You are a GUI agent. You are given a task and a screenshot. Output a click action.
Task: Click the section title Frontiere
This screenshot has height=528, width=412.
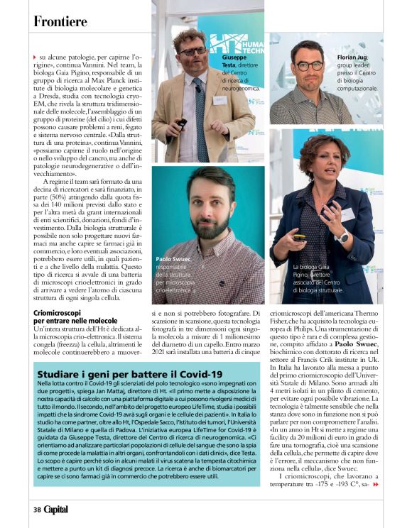point(60,21)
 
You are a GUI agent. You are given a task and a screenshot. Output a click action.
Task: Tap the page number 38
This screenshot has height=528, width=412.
point(36,510)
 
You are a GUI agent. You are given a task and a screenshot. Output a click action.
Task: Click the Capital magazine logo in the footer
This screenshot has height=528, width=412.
point(57,510)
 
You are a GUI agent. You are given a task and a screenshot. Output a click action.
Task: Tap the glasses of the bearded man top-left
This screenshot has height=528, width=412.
point(193,52)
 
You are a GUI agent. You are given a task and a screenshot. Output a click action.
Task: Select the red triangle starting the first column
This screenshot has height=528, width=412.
point(36,56)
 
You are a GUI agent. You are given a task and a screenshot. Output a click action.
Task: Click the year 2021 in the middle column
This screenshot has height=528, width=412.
point(161,352)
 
